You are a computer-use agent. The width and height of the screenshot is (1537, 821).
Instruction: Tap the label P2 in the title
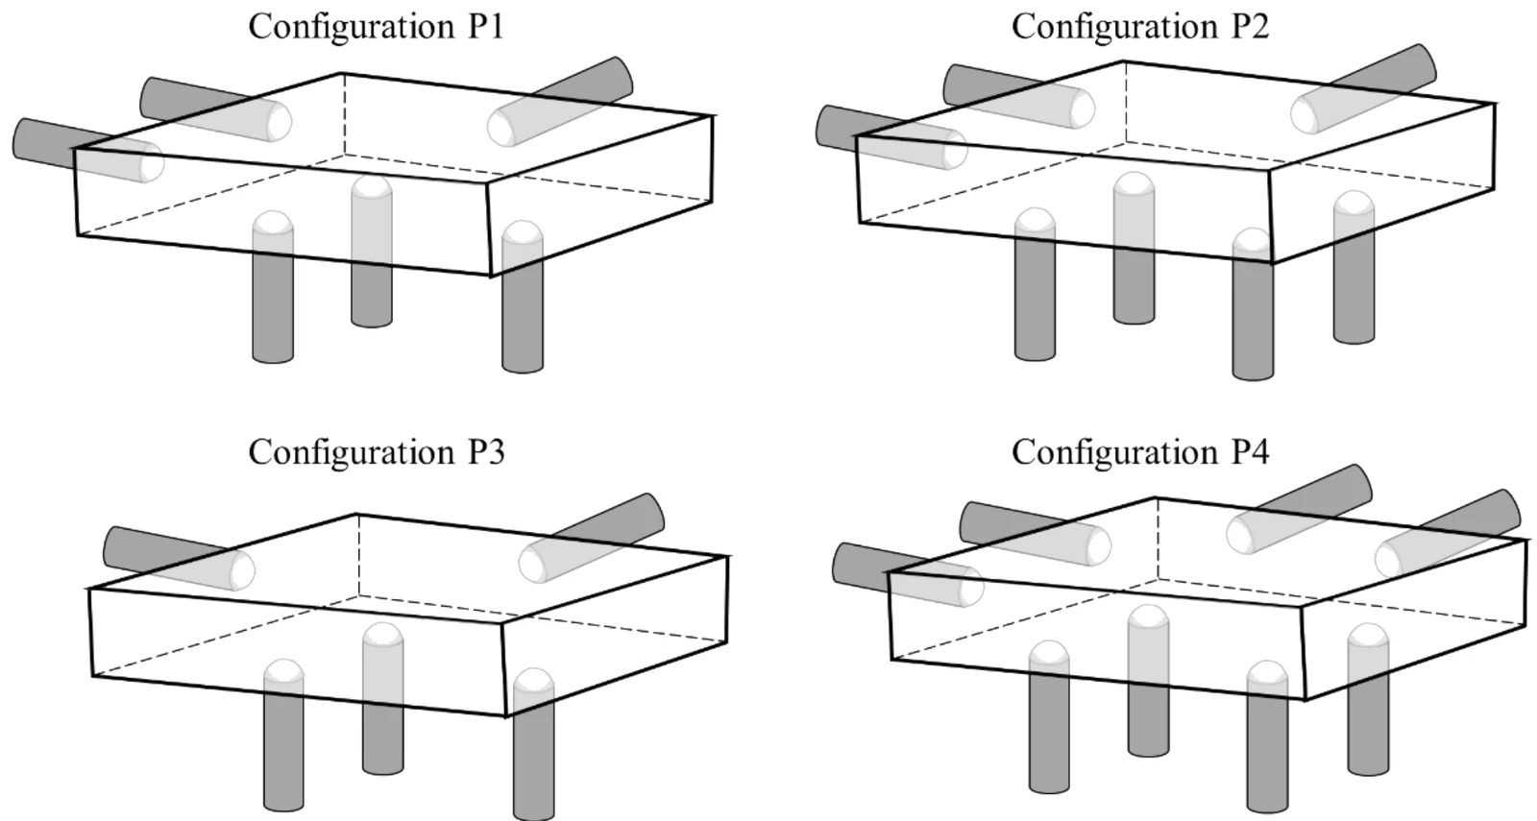[1250, 27]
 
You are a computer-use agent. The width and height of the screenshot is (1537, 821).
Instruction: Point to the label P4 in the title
[1250, 452]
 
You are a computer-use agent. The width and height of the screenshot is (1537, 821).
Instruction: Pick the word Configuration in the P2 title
[1115, 28]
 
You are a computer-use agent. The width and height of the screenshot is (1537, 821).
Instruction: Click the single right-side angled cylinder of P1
[561, 102]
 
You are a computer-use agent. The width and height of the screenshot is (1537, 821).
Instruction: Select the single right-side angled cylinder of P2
[1363, 89]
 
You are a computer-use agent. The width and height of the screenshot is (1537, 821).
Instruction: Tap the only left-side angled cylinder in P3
[179, 558]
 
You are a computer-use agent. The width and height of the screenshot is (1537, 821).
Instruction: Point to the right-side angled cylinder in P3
[592, 538]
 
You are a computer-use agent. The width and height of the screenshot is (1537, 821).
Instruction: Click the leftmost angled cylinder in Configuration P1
[87, 150]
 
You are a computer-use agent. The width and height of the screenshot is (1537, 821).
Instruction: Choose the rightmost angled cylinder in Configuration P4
[1448, 534]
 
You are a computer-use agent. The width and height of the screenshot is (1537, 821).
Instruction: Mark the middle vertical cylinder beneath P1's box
[372, 251]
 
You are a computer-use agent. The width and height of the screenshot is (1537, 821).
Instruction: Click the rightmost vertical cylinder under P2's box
[1354, 267]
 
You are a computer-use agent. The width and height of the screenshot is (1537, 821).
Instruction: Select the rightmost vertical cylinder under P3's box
[534, 744]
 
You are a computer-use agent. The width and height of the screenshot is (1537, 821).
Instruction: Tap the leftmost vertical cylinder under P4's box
[1049, 716]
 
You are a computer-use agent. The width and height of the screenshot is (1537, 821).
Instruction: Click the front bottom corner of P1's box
[491, 277]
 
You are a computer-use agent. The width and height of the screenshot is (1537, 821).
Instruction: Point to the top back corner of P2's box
[1123, 61]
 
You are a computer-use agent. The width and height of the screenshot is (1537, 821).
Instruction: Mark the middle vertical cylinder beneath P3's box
[383, 699]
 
